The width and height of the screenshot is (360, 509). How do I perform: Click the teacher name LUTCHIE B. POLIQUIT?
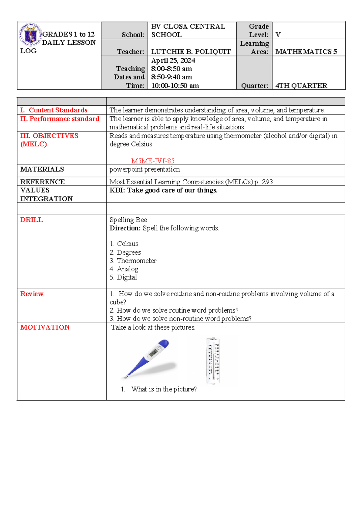pyautogui.click(x=191, y=52)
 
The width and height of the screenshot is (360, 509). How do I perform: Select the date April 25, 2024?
pyautogui.click(x=173, y=60)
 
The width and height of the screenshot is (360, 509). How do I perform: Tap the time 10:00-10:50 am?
pyautogui.click(x=175, y=86)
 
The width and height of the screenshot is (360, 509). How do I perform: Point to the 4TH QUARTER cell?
pyautogui.click(x=301, y=86)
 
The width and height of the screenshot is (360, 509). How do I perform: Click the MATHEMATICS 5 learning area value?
pyautogui.click(x=306, y=52)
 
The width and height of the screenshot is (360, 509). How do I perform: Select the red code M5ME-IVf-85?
pyautogui.click(x=153, y=161)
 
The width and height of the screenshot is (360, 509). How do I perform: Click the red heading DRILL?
pyautogui.click(x=31, y=220)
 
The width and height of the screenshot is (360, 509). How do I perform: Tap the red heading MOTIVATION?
pyautogui.click(x=45, y=327)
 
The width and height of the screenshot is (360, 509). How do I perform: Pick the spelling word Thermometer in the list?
pyautogui.click(x=136, y=261)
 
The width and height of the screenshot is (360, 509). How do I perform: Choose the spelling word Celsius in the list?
pyautogui.click(x=127, y=244)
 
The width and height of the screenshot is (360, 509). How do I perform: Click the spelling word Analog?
pyautogui.click(x=127, y=269)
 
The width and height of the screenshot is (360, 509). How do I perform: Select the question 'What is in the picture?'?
pyautogui.click(x=164, y=389)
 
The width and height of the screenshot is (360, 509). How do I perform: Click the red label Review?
pyautogui.click(x=32, y=294)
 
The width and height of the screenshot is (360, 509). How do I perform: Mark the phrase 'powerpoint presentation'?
pyautogui.click(x=145, y=169)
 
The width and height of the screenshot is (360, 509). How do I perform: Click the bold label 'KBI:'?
pyautogui.click(x=117, y=190)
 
